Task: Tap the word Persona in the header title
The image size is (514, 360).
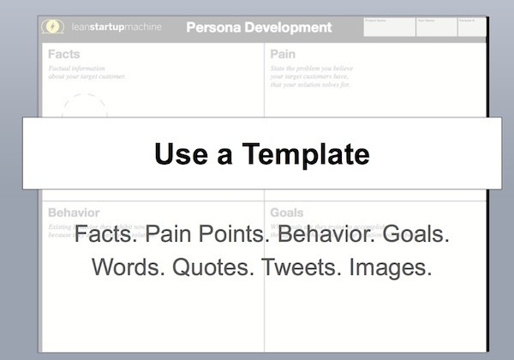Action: pyautogui.click(x=215, y=27)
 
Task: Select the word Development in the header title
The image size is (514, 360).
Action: pyautogui.click(x=289, y=27)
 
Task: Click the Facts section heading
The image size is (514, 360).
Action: pyautogui.click(x=64, y=54)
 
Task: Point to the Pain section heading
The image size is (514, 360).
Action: pyautogui.click(x=283, y=54)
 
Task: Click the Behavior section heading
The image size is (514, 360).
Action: pyautogui.click(x=74, y=212)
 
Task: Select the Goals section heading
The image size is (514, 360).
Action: pyautogui.click(x=286, y=212)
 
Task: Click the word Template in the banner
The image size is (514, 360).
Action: pyautogui.click(x=306, y=153)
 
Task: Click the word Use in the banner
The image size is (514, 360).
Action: pyautogui.click(x=182, y=153)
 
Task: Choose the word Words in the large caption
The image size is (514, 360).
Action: pyautogui.click(x=128, y=267)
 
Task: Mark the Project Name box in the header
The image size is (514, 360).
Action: pyautogui.click(x=389, y=27)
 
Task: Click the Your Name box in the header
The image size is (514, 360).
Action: pyautogui.click(x=436, y=27)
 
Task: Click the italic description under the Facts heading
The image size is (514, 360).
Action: pyautogui.click(x=87, y=72)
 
